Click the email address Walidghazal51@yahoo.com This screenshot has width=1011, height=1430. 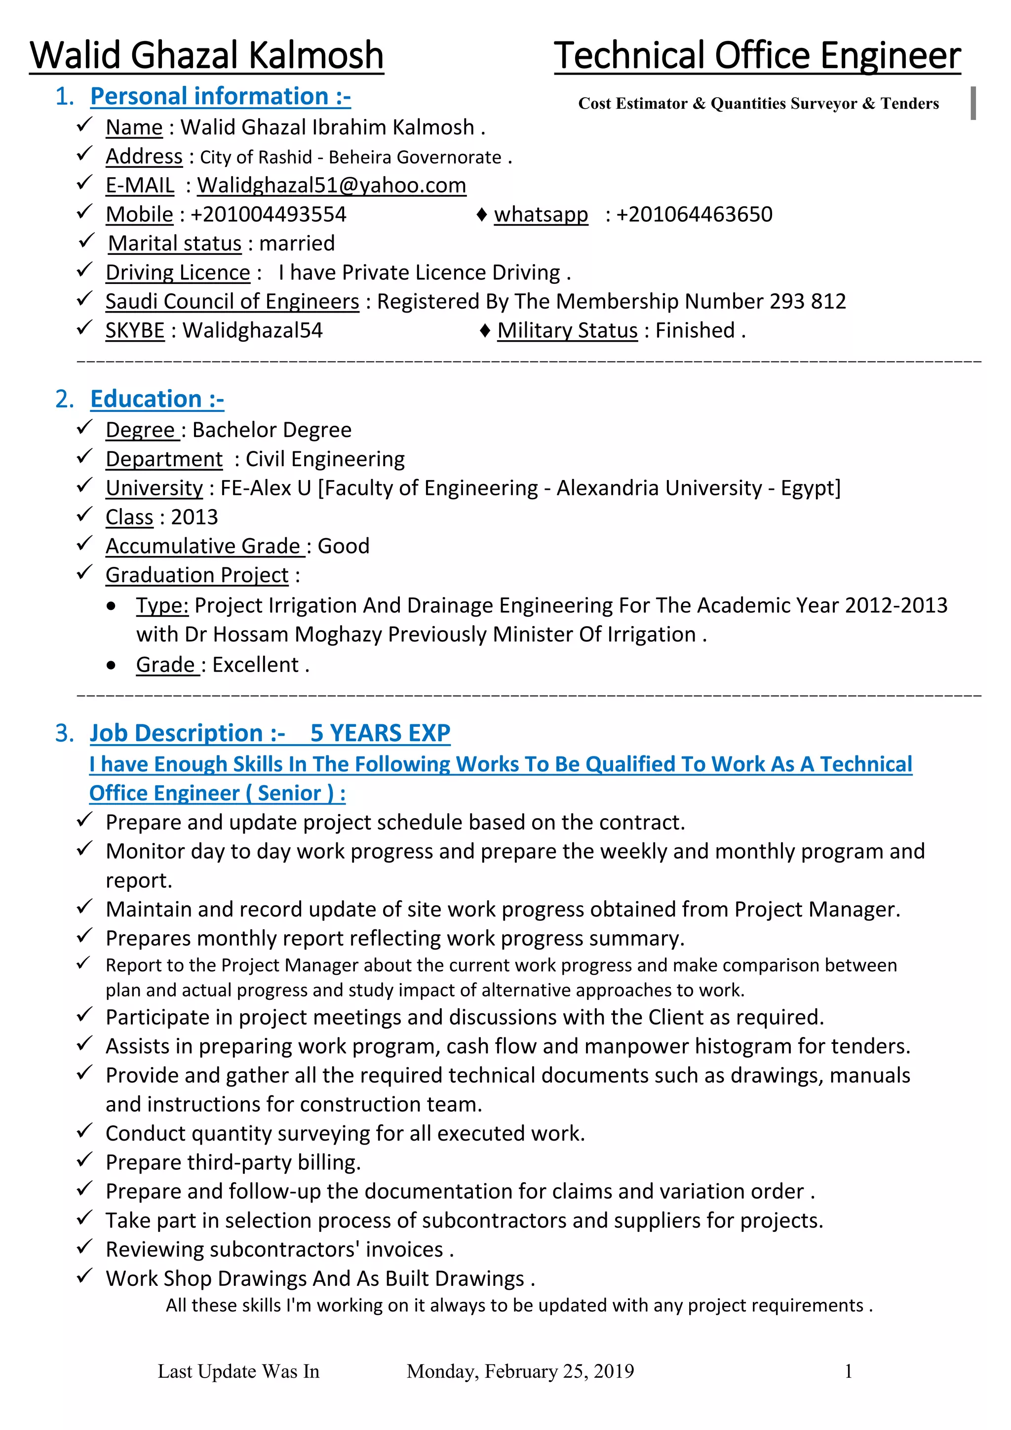point(331,186)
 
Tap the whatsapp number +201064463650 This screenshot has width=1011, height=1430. point(694,215)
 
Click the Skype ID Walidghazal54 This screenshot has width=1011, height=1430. point(252,331)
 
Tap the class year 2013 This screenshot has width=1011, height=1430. point(194,517)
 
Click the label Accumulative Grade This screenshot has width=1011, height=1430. point(203,546)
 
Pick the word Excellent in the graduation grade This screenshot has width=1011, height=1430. point(255,665)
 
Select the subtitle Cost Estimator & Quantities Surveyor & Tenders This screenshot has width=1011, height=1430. point(758,103)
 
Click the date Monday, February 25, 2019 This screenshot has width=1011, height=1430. point(520,1371)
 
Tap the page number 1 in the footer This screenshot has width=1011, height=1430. point(848,1371)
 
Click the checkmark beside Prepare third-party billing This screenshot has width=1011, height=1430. point(85,1160)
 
